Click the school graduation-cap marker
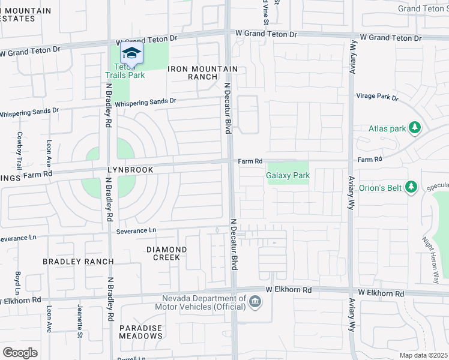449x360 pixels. (131, 53)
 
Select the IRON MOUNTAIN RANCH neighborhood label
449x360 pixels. (203, 73)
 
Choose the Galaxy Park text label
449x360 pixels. (288, 176)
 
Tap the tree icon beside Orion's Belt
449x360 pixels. (411, 187)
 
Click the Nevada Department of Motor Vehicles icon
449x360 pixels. (255, 301)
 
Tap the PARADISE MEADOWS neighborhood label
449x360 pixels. (140, 332)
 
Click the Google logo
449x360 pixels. (20, 352)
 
